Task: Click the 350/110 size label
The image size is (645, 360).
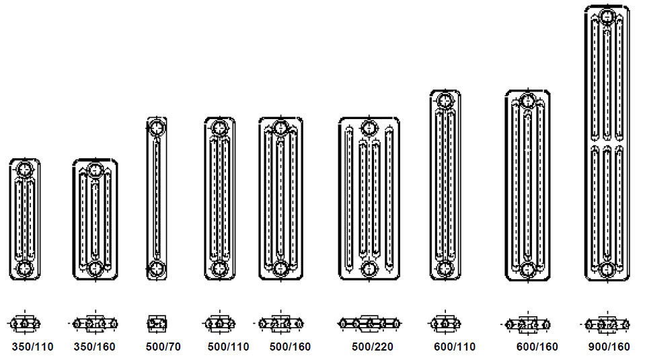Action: click(x=32, y=347)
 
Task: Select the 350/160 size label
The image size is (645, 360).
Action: click(x=95, y=347)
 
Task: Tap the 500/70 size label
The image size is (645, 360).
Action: click(x=163, y=347)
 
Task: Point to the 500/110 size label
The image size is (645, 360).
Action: click(x=228, y=347)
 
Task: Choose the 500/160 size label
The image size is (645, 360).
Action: click(x=290, y=347)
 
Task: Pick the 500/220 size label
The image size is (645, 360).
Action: click(x=373, y=347)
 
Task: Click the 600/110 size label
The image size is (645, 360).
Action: click(x=455, y=347)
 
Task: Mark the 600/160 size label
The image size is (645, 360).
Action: click(x=537, y=347)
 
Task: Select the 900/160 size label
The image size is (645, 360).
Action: click(x=609, y=347)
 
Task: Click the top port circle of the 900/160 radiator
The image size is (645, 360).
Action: click(x=607, y=17)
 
